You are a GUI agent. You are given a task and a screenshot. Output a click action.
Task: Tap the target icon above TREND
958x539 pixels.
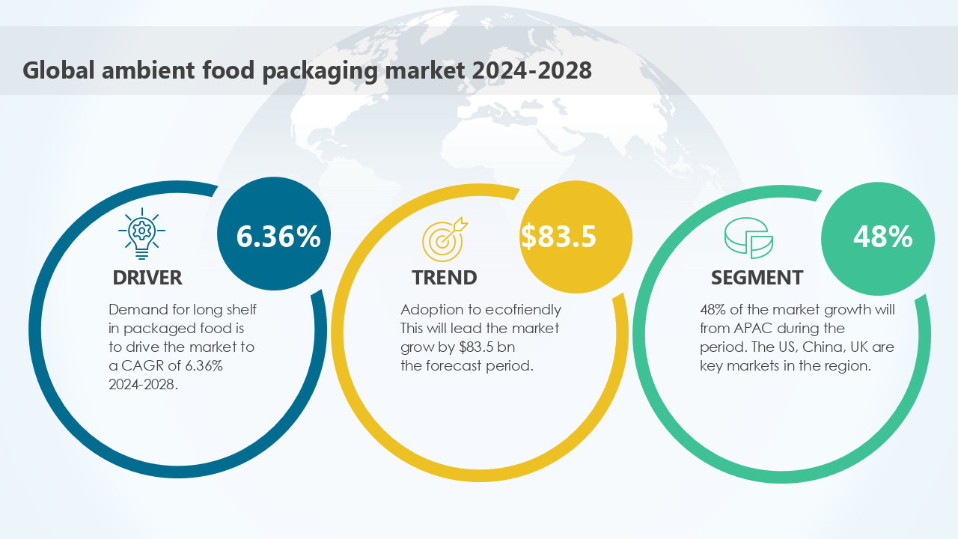[444, 237]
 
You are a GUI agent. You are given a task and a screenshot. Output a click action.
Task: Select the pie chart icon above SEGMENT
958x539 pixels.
[748, 238]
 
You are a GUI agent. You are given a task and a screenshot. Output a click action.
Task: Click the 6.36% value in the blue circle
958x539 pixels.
[278, 237]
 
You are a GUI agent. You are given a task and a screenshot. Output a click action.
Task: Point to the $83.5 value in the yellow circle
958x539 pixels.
[559, 237]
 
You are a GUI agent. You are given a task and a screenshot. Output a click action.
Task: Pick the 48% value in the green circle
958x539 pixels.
[882, 237]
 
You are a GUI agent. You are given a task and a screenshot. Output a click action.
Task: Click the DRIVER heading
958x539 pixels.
[147, 278]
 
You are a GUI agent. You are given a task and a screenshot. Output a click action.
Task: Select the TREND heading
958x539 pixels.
[444, 278]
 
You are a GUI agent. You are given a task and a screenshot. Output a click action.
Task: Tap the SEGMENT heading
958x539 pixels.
[757, 278]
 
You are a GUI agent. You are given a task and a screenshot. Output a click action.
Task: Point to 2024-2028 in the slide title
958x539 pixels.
[531, 70]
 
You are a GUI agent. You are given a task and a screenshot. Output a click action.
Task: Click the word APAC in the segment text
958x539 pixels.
[748, 329]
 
